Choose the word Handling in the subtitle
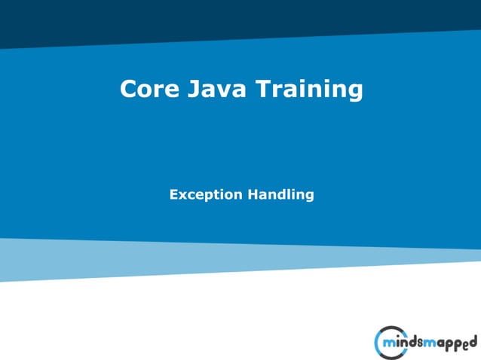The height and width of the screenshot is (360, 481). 281,195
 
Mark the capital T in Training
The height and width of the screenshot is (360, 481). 263,89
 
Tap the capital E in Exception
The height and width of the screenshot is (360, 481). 174,194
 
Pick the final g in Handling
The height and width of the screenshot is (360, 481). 308,197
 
